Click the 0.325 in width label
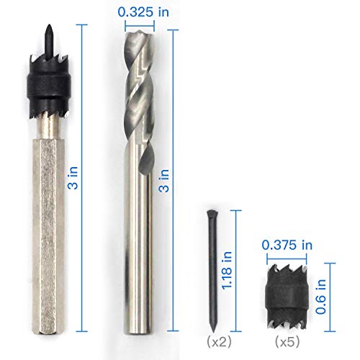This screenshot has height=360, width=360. pos(145,12)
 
